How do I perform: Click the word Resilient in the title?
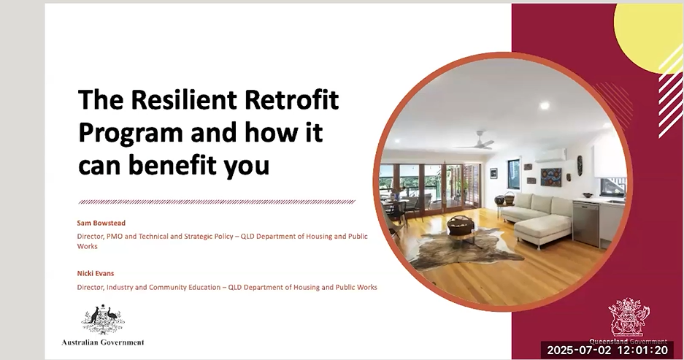[184, 99]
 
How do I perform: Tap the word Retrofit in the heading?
[291, 99]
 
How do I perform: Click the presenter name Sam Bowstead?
[101, 223]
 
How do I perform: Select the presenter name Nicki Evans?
[96, 274]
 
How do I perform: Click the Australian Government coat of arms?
[103, 320]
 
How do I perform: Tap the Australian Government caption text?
[103, 342]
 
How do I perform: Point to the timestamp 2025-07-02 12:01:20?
[607, 350]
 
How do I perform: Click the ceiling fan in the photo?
[477, 140]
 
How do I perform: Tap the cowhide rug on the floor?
[462, 247]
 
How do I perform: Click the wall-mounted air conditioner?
[550, 156]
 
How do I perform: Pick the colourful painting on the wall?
[551, 177]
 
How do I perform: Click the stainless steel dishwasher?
[586, 223]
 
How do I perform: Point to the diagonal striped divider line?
[217, 202]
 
